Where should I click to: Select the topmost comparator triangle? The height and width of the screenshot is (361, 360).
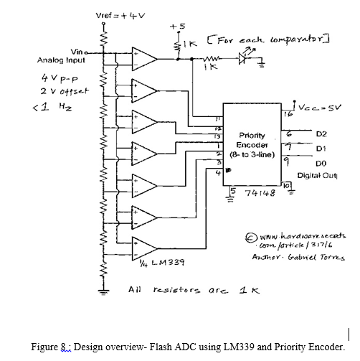pyautogui.click(x=143, y=57)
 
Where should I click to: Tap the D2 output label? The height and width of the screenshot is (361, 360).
pyautogui.click(x=320, y=133)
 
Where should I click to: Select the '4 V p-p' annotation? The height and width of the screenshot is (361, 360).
pyautogui.click(x=55, y=77)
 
